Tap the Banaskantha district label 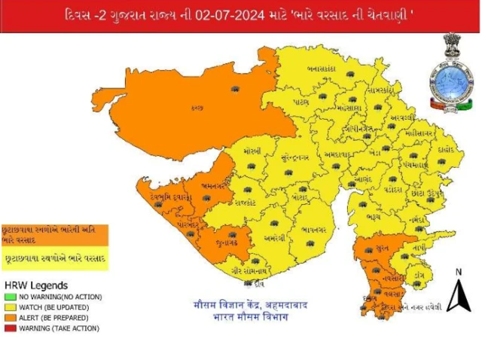coord(321,67)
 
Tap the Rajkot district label coord(245,203)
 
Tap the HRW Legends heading coord(36,285)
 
